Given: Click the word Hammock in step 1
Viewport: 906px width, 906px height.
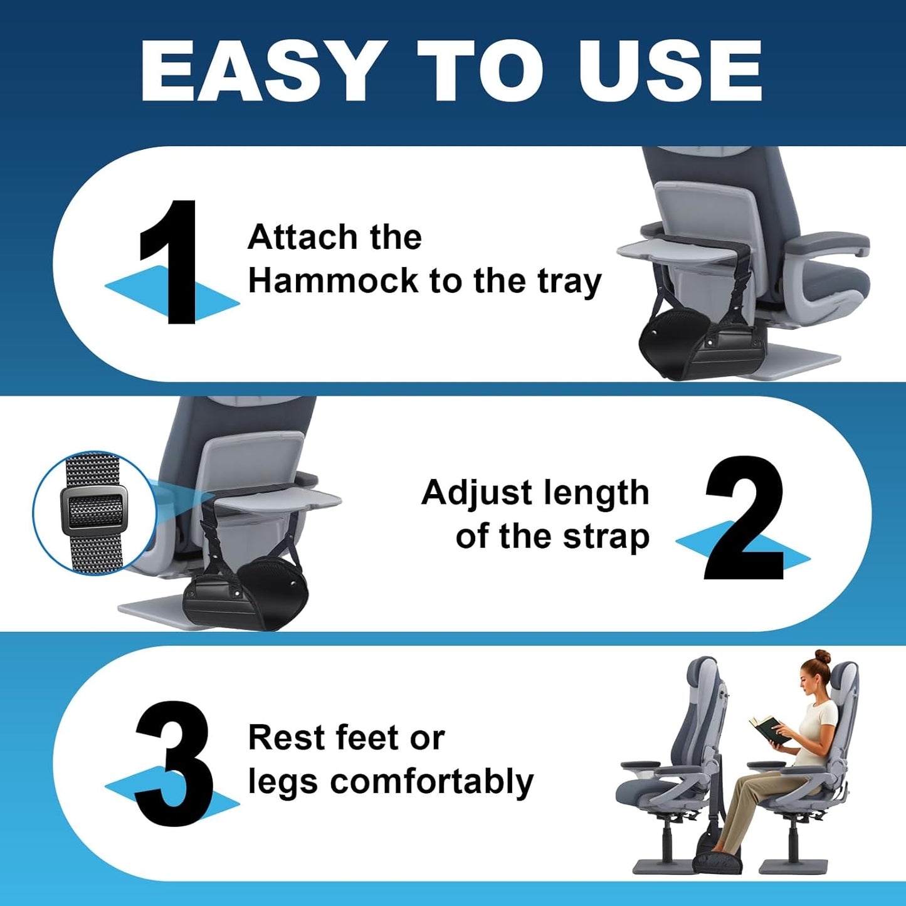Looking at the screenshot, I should (x=332, y=281).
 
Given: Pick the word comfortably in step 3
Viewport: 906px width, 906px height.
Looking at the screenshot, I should (x=431, y=782).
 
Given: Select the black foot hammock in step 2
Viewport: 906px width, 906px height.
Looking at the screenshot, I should (x=245, y=593).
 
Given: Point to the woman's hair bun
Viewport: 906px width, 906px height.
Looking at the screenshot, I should (x=823, y=658).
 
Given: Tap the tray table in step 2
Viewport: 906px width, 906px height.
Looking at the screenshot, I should (x=276, y=502).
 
